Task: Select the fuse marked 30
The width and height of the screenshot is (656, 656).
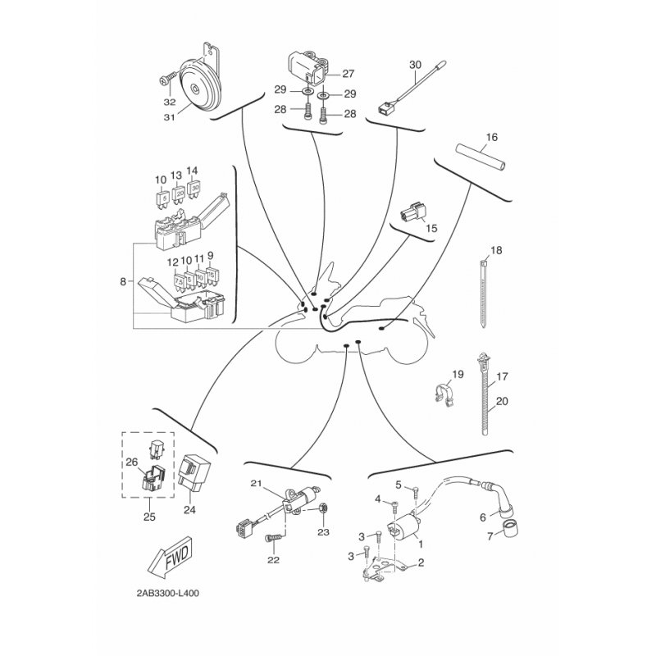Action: tap(194, 189)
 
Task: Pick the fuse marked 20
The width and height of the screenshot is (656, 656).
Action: tap(178, 194)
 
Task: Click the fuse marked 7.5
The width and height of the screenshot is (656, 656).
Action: tap(179, 281)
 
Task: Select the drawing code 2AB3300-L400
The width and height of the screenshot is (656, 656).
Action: tap(168, 593)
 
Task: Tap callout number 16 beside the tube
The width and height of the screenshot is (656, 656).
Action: tap(492, 137)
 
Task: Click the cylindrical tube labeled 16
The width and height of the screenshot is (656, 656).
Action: tap(480, 156)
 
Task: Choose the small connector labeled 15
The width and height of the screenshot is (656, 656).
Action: tap(412, 214)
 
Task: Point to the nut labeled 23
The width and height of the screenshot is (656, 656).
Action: tap(323, 509)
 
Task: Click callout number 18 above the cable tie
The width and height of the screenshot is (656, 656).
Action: tap(496, 251)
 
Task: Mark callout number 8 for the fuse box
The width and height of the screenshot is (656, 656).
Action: tap(122, 281)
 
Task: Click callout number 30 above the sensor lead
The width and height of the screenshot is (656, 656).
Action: tap(415, 65)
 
